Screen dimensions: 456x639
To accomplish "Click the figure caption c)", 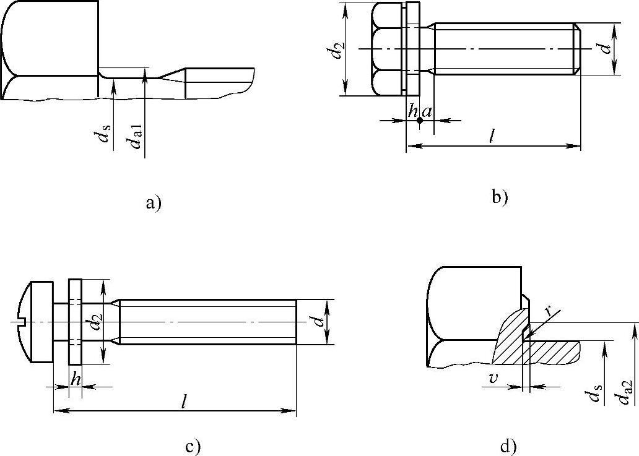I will [x=194, y=445].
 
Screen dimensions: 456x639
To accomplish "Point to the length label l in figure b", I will [x=492, y=137].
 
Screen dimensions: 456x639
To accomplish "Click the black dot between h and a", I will [x=419, y=120].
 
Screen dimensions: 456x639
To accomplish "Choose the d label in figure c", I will [x=318, y=322].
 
